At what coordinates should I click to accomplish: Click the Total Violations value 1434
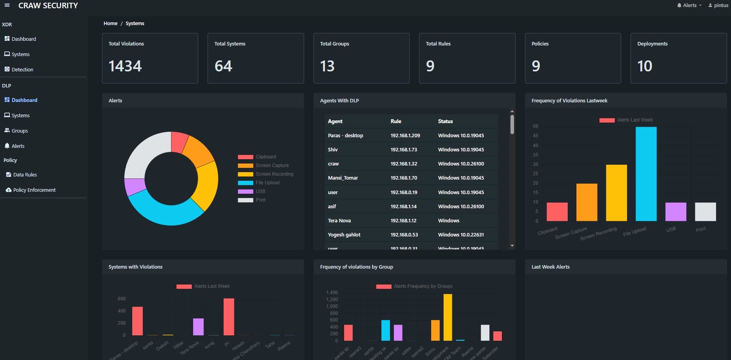click(125, 66)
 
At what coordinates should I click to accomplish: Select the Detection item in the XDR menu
click(22, 69)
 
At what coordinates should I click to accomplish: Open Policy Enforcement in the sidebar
click(34, 190)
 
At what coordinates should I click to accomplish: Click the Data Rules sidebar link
click(25, 175)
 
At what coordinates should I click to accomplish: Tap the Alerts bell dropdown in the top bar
click(689, 5)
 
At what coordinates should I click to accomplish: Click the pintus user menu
click(718, 5)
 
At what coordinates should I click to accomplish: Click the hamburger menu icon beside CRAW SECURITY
click(7, 5)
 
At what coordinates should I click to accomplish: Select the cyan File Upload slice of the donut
click(165, 212)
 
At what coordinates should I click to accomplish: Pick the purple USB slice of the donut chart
click(134, 187)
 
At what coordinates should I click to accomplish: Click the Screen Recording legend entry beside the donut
click(274, 174)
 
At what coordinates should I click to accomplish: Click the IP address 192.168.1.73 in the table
click(403, 149)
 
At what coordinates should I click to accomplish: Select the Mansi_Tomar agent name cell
click(343, 178)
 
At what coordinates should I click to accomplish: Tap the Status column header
click(445, 121)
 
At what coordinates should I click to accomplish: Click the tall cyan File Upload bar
click(646, 175)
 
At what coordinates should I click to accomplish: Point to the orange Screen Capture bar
click(587, 202)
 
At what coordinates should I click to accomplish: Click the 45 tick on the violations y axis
click(535, 136)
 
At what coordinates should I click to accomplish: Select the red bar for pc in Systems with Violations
click(229, 317)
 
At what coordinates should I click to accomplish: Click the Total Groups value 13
click(327, 66)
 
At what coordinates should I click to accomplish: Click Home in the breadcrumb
click(110, 24)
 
